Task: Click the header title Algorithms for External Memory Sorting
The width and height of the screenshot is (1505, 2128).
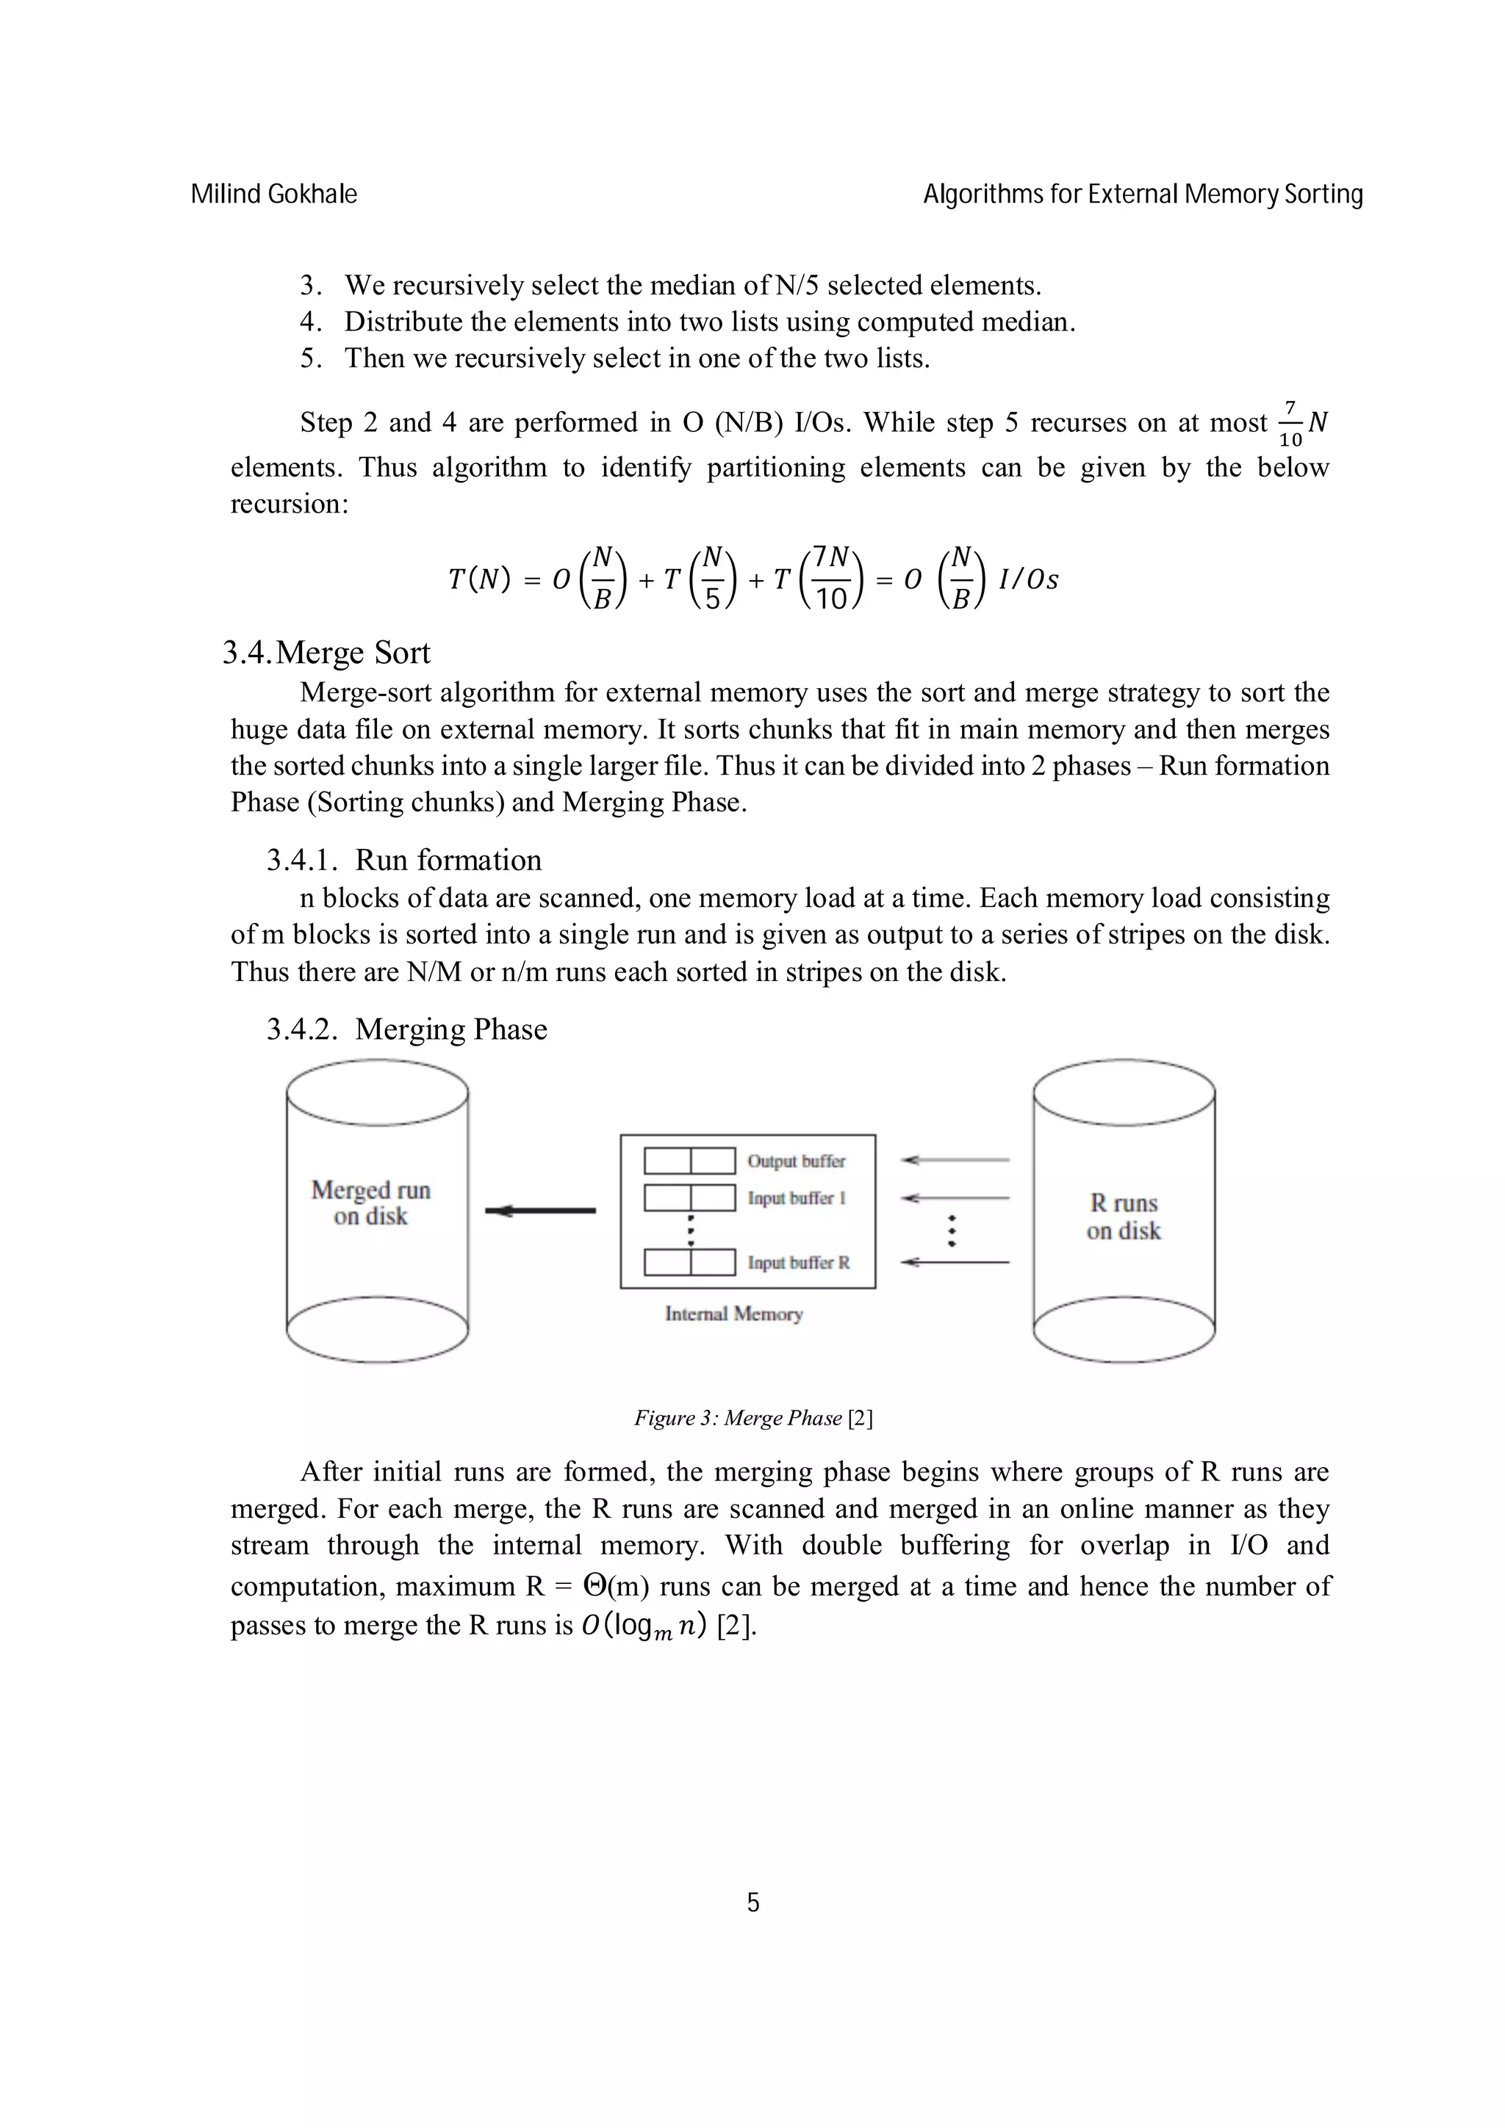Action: (x=1143, y=195)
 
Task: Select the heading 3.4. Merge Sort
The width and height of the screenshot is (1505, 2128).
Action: (x=326, y=653)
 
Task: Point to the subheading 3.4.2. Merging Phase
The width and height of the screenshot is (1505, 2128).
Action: (x=407, y=1029)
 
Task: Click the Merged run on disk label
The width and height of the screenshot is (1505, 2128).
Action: (x=371, y=1202)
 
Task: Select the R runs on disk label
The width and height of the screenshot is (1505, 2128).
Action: (x=1124, y=1216)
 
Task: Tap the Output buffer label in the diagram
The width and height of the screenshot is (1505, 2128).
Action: (x=796, y=1162)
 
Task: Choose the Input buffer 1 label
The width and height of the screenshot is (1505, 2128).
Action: (x=796, y=1198)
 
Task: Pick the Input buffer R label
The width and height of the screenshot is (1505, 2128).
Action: (x=797, y=1262)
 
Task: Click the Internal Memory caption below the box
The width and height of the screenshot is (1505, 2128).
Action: (x=733, y=1314)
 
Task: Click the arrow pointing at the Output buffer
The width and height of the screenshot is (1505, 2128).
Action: (x=955, y=1159)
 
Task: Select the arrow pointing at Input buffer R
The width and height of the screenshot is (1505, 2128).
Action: (x=955, y=1262)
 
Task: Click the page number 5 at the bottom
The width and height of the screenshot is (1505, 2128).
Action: (x=753, y=1903)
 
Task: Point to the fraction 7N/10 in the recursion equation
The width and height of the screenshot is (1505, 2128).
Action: (x=833, y=579)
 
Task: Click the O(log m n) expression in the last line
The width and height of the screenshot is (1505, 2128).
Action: (x=644, y=1626)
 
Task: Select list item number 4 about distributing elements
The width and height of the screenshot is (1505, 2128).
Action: (x=686, y=322)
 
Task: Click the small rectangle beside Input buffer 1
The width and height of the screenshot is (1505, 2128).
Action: (x=690, y=1198)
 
